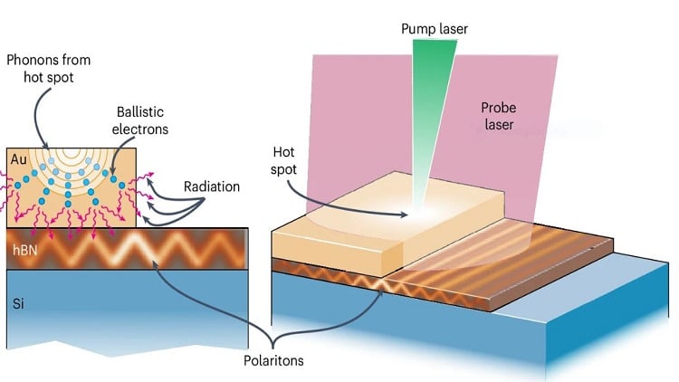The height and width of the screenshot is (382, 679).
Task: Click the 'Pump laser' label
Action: (435, 29)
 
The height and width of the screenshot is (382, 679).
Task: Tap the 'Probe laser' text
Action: (499, 116)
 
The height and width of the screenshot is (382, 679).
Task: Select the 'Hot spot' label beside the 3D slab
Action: (283, 160)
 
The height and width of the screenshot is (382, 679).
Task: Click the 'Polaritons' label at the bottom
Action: (273, 360)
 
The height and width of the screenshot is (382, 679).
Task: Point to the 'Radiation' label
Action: (212, 186)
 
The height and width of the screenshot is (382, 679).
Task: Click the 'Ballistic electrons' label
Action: (139, 120)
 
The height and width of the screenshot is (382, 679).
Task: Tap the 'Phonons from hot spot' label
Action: (49, 69)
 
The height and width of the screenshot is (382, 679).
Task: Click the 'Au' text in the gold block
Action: (19, 160)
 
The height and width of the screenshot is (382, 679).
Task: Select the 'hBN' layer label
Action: (24, 250)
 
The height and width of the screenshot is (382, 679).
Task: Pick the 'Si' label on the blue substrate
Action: (18, 304)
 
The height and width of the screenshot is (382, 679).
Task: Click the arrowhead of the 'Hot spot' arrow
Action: (405, 214)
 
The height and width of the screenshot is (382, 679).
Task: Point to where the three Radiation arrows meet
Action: (204, 199)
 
